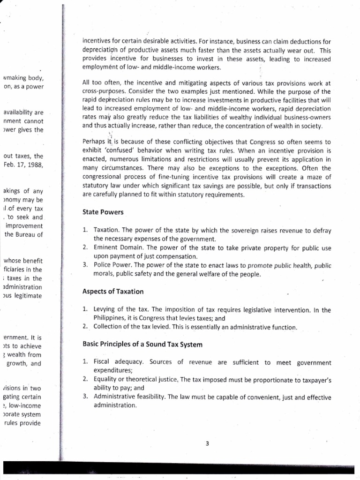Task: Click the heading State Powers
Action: pyautogui.click(x=103, y=212)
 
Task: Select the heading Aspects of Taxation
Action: pyautogui.click(x=112, y=292)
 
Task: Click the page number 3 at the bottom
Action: pyautogui.click(x=207, y=444)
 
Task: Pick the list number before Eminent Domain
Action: pyautogui.click(x=85, y=247)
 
